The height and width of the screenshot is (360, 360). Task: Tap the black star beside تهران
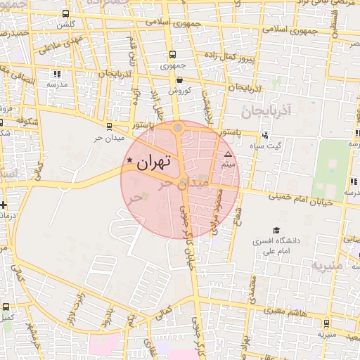[130, 162]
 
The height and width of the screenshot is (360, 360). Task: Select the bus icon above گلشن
[65, 14]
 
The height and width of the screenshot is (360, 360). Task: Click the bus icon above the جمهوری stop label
[172, 55]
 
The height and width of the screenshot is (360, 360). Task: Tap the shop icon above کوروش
[180, 80]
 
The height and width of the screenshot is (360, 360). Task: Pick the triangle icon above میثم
[227, 153]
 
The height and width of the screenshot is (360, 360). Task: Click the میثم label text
[227, 164]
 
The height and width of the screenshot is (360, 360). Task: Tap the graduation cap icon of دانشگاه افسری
[276, 230]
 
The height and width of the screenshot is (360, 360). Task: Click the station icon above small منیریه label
[326, 323]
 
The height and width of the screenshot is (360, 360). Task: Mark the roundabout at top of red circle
[178, 128]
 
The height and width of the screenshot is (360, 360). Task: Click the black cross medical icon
[5, 205]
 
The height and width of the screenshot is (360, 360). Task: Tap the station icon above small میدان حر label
[108, 126]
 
